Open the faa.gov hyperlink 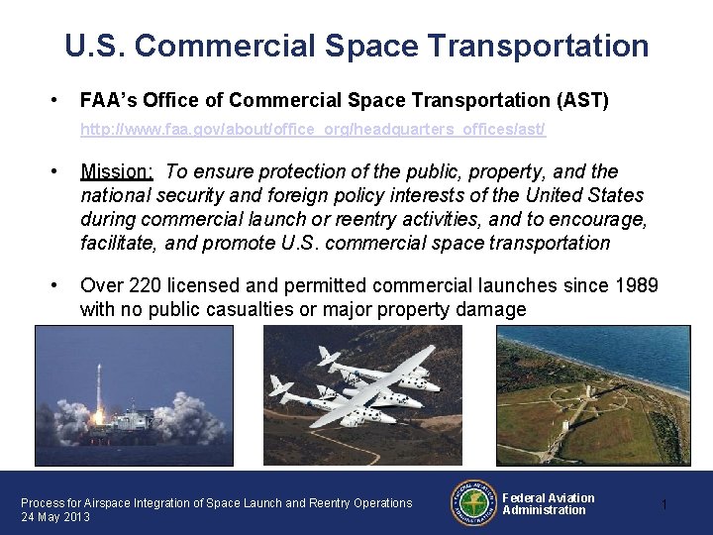click(x=312, y=130)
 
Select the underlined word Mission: click(x=117, y=172)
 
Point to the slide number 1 click(x=663, y=505)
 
